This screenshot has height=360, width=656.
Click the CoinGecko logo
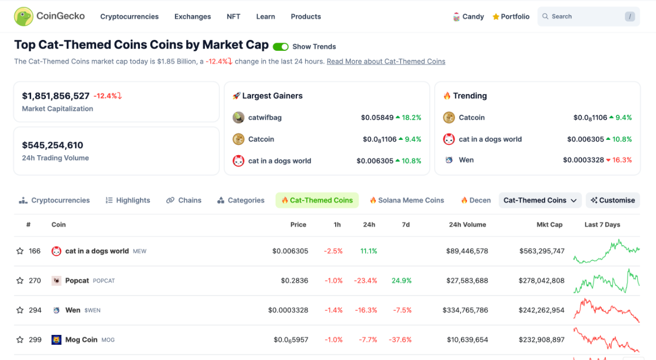click(49, 16)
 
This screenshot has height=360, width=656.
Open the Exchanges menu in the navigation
click(192, 16)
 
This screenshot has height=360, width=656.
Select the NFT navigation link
click(233, 16)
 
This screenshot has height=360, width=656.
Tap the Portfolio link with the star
click(511, 16)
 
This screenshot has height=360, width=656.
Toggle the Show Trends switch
click(280, 47)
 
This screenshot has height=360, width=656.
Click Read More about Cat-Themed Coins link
click(386, 61)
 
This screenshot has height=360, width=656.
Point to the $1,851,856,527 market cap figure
click(56, 96)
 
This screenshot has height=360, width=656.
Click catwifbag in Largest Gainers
click(265, 117)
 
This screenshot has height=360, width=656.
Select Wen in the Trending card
click(466, 160)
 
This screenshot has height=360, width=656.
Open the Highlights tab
click(128, 200)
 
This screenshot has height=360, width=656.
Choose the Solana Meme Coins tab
click(407, 200)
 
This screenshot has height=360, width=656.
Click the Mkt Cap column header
click(549, 225)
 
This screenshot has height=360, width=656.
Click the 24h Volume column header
click(467, 225)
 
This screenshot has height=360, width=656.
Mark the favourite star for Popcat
click(20, 281)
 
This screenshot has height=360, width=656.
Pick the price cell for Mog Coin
click(291, 340)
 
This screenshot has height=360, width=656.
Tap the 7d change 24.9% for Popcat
click(401, 281)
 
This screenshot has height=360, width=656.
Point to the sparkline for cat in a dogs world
click(606, 251)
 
